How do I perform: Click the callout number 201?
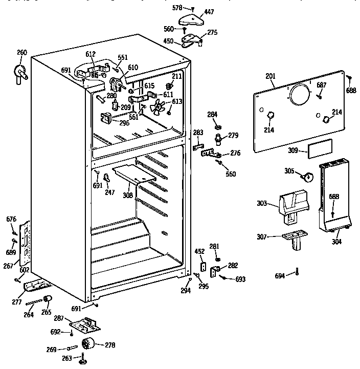271,76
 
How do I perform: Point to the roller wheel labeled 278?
91,343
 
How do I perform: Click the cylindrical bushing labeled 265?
48,299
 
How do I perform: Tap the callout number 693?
240,279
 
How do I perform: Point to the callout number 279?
233,135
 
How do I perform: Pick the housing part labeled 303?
293,206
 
